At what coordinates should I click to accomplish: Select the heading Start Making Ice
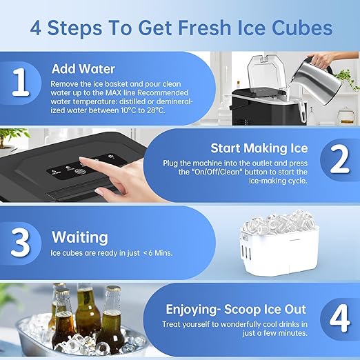[x=259, y=148]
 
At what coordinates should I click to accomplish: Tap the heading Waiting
[x=80, y=237]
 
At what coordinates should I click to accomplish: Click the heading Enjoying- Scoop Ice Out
[x=234, y=309]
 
